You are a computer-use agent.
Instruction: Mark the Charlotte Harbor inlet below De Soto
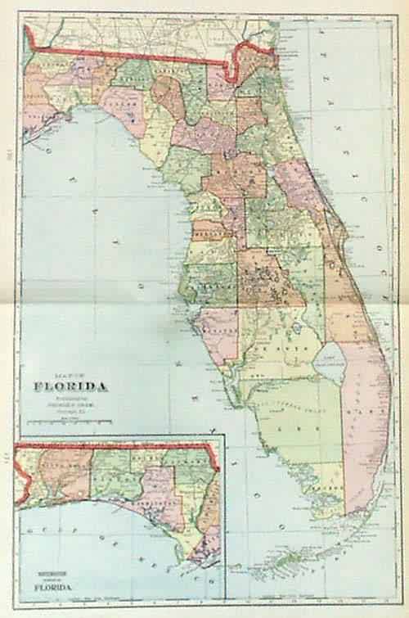click(239, 385)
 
